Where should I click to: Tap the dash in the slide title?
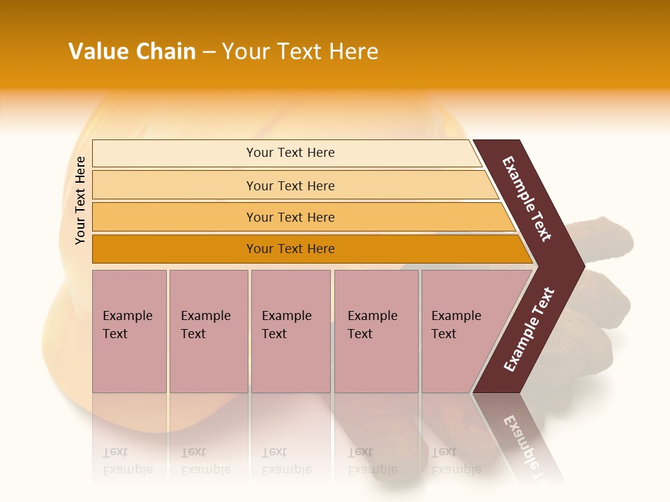(209, 52)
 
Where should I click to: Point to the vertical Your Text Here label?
(80, 200)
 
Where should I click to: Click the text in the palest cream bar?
(290, 153)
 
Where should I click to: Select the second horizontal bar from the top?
(290, 185)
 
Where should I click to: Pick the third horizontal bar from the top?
(290, 217)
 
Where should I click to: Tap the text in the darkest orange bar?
(290, 249)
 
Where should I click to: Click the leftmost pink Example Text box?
(129, 330)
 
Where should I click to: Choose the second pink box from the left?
(208, 330)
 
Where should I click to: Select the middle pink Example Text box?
(290, 330)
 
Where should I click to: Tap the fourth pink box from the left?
(375, 330)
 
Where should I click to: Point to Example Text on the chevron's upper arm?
(527, 199)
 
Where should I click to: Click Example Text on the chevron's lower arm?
(528, 329)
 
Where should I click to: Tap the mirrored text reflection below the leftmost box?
(127, 461)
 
